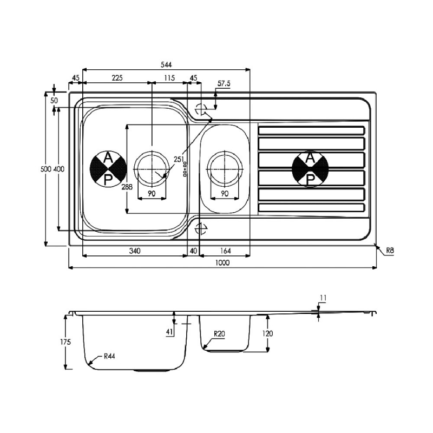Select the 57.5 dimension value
tap(224, 84)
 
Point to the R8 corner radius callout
tap(390, 250)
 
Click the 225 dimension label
tap(117, 78)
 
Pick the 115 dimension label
tap(169, 78)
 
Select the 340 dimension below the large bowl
tap(135, 251)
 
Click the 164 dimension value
tap(225, 251)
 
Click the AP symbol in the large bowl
tap(108, 168)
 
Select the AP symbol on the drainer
tap(310, 168)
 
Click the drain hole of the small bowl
tap(224, 168)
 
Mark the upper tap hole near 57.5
tap(201, 109)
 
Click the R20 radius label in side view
tap(219, 334)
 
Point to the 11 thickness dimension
tap(323, 298)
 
